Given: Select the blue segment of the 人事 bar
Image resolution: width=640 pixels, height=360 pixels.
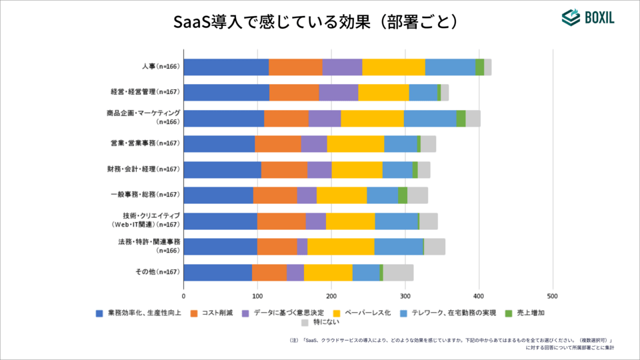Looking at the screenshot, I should [x=226, y=67].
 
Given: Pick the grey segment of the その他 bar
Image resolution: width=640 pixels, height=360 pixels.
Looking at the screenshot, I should [x=398, y=272].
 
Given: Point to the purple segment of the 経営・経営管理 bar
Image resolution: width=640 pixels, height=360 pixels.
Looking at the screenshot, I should [x=339, y=93].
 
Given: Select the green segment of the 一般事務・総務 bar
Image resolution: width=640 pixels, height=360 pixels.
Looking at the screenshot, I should [x=403, y=195].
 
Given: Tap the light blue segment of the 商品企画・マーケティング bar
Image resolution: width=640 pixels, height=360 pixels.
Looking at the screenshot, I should [x=430, y=118].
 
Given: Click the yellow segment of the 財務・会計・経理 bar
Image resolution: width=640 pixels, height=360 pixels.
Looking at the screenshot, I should [x=357, y=169].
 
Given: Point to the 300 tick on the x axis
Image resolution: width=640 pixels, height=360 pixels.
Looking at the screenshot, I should [x=405, y=295].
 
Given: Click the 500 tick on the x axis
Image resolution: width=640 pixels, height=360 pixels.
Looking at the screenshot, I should [x=552, y=295].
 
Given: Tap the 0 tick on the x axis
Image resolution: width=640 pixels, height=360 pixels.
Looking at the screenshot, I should [x=183, y=295].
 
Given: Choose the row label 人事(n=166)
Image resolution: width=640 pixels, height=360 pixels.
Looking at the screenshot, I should [x=161, y=67].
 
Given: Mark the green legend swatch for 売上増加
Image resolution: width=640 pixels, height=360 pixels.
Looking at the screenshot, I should [x=508, y=312].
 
